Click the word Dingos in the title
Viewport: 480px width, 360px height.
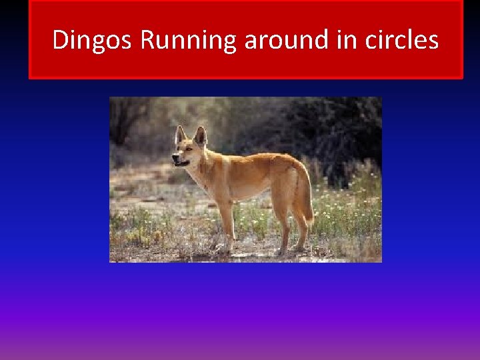[93, 41]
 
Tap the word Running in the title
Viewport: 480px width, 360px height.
[189, 41]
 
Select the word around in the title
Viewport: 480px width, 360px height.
[287, 41]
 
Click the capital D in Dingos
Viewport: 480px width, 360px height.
[60, 41]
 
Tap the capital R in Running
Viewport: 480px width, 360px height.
[148, 41]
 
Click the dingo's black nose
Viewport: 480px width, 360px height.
[175, 159]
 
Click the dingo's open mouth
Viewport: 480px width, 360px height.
[181, 163]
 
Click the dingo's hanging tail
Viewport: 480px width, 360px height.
[306, 197]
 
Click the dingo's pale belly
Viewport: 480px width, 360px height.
[250, 195]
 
